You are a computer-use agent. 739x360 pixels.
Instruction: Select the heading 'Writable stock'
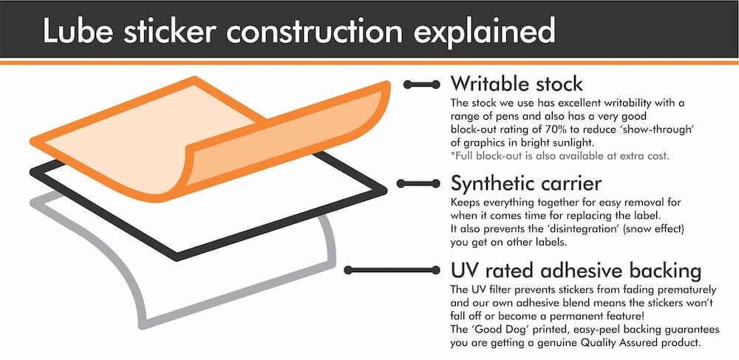517,84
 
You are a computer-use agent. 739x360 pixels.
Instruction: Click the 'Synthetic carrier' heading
526,183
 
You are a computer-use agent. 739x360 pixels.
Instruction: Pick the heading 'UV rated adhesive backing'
576,271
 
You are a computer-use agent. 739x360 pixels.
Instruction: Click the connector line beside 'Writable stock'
422,84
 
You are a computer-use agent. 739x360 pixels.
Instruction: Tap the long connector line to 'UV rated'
392,270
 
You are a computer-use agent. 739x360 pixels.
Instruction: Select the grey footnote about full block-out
560,157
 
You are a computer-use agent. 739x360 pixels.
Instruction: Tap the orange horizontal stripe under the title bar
369,62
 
